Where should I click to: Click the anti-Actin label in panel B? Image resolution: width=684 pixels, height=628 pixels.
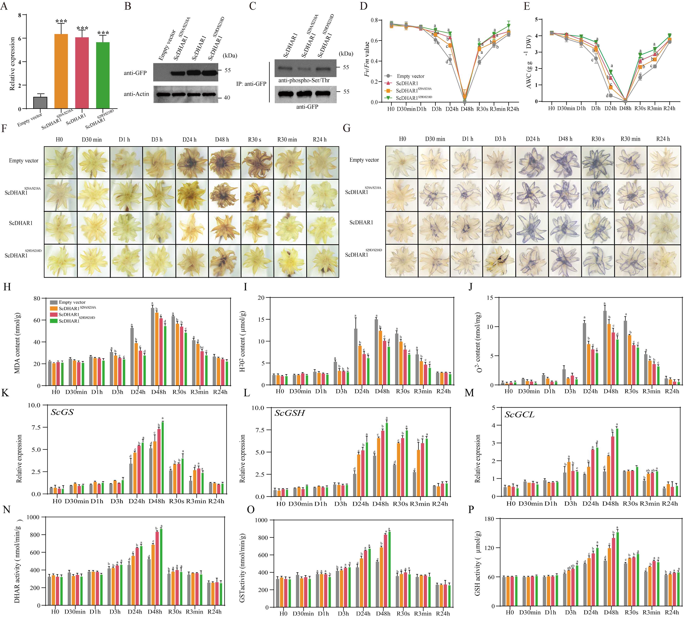pos(136,94)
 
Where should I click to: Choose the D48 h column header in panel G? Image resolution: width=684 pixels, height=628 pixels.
pos(565,139)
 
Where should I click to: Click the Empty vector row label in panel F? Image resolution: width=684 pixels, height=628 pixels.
pos(23,161)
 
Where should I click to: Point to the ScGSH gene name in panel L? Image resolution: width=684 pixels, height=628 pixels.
pos(290,413)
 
